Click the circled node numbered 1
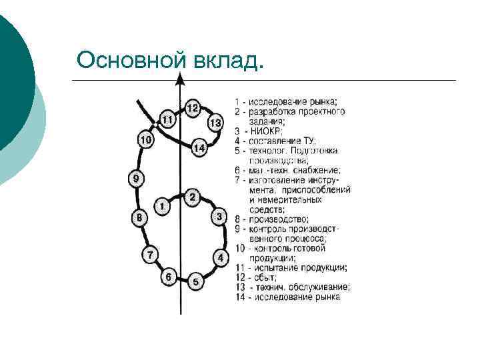pyautogui.click(x=161, y=207)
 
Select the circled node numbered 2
pyautogui.click(x=192, y=197)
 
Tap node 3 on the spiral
pyautogui.click(x=219, y=217)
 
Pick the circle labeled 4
pyautogui.click(x=219, y=257)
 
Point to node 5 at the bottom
pyautogui.click(x=195, y=282)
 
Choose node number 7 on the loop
pyautogui.click(x=151, y=255)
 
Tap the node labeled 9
pyautogui.click(x=135, y=179)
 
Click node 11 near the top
pyautogui.click(x=167, y=119)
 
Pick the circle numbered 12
pyautogui.click(x=192, y=108)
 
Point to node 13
pyautogui.click(x=215, y=123)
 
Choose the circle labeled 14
pyautogui.click(x=199, y=148)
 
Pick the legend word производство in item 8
pyautogui.click(x=279, y=219)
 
